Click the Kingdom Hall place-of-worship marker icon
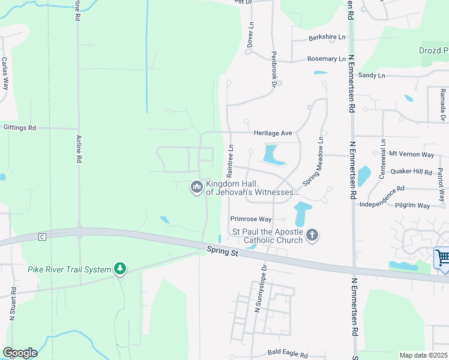click(x=196, y=188)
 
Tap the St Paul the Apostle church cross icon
click(x=312, y=235)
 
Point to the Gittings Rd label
click(x=19, y=128)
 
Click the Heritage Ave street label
click(x=272, y=133)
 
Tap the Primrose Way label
click(x=251, y=219)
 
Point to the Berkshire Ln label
click(x=327, y=37)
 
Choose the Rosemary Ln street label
click(x=327, y=59)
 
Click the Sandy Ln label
click(x=372, y=76)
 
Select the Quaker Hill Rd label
click(x=411, y=172)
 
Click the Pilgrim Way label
click(x=412, y=205)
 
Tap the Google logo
click(x=20, y=352)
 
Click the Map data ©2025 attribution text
click(x=423, y=355)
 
